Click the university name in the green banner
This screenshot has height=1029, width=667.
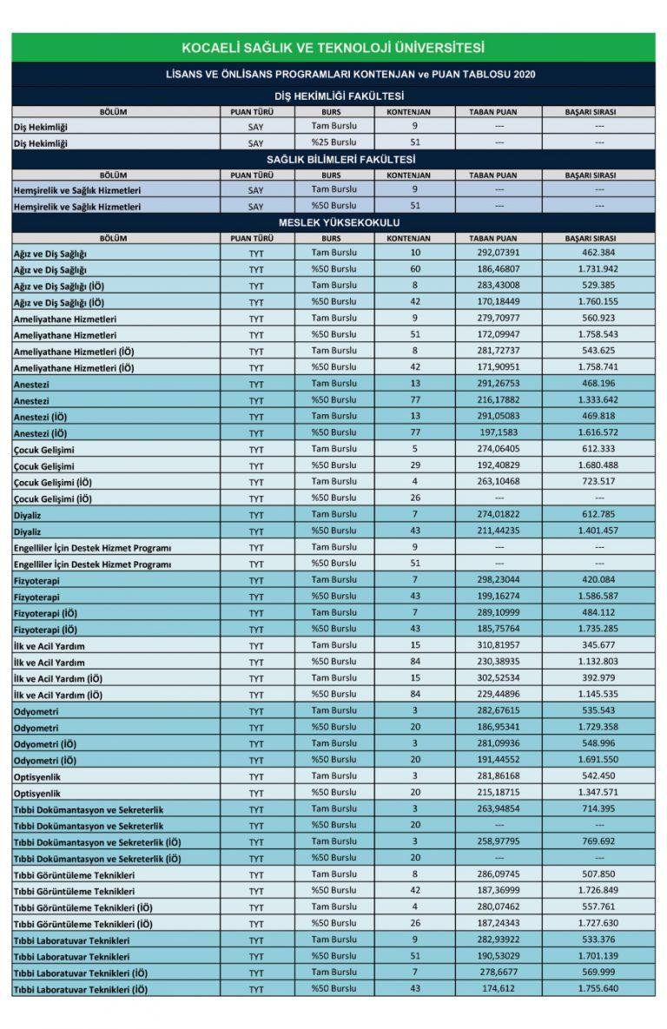click(333, 48)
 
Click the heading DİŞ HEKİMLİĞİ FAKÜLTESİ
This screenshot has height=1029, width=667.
click(333, 96)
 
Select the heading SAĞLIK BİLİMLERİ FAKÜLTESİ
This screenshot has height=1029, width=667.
click(333, 160)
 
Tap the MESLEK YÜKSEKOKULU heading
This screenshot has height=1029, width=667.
click(333, 222)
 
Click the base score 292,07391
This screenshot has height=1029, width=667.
click(492, 253)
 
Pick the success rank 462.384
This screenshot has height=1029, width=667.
click(599, 253)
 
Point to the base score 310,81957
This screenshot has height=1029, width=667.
click(492, 645)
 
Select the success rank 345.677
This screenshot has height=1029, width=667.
click(599, 645)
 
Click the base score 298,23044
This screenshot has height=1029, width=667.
click(492, 579)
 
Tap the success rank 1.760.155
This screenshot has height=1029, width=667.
click(599, 302)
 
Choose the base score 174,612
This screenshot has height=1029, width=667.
click(492, 989)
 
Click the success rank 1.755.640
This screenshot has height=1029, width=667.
click(599, 989)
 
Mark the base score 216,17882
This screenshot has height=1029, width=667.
click(492, 400)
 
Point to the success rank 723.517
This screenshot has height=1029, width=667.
click(599, 482)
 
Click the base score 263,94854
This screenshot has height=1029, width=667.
click(492, 809)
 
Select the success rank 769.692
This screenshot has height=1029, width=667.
click(599, 841)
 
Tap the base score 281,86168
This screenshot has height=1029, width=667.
click(492, 776)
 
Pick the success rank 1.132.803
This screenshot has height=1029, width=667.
click(599, 662)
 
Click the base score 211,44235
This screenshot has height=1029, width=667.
click(492, 531)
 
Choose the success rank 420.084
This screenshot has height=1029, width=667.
click(599, 579)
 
